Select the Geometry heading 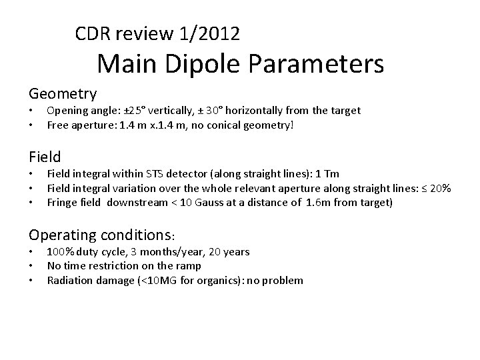pyautogui.click(x=63, y=93)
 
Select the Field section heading pyautogui.click(x=45, y=157)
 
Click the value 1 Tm pyautogui.click(x=328, y=175)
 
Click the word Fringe pyautogui.click(x=62, y=203)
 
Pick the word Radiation pyautogui.click(x=69, y=280)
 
